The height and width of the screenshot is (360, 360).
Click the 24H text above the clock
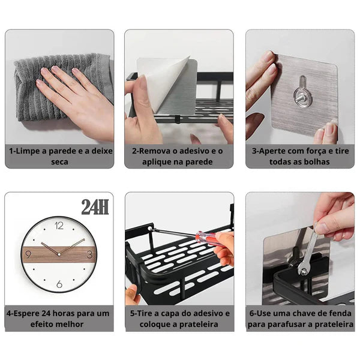(x=95, y=206)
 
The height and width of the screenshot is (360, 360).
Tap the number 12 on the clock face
(x=59, y=226)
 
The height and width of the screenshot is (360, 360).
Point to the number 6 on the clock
(x=59, y=284)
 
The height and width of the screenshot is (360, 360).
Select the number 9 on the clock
(x=28, y=254)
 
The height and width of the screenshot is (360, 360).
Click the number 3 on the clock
(x=89, y=254)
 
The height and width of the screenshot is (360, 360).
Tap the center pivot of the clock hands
(x=59, y=254)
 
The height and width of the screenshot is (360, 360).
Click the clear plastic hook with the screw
(x=302, y=94)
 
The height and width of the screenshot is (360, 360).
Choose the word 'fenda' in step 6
(x=340, y=313)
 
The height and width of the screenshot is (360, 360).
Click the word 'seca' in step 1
(x=59, y=162)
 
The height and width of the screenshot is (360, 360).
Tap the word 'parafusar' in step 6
(x=287, y=325)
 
